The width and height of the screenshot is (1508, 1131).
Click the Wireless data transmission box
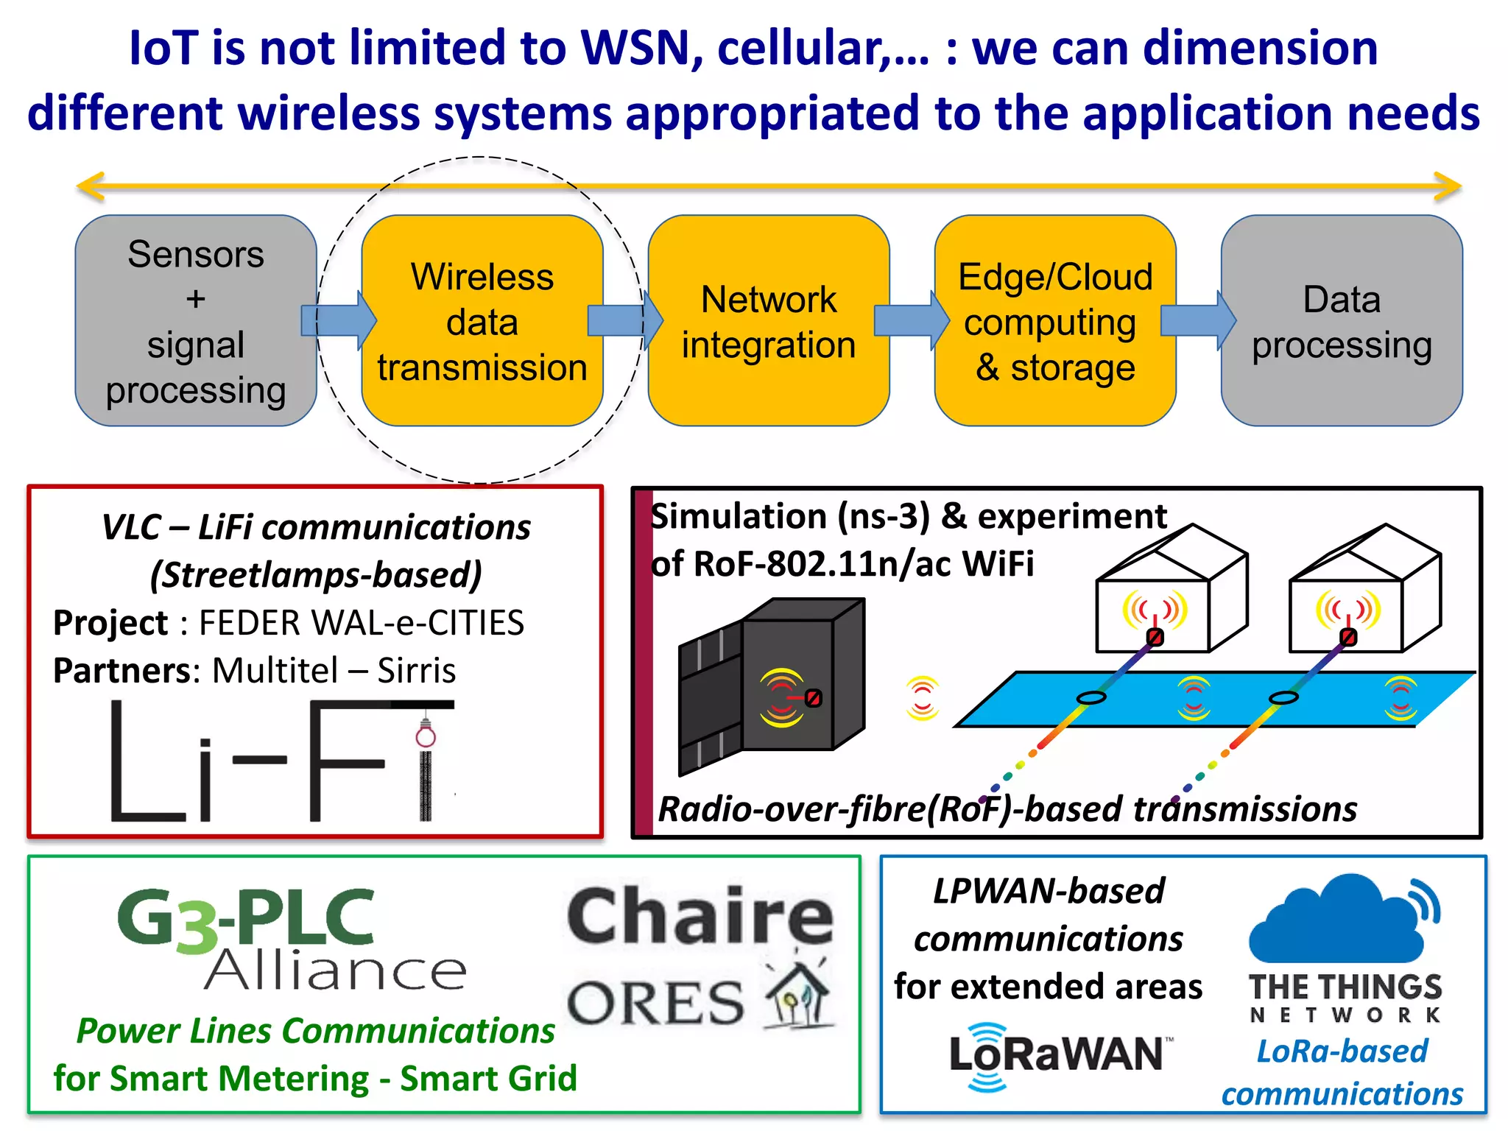click(482, 321)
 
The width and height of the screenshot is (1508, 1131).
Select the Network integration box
click(768, 321)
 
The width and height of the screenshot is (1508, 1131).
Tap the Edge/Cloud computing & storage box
click(1054, 321)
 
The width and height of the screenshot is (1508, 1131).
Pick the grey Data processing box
click(1341, 321)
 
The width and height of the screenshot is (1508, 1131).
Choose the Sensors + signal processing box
click(196, 321)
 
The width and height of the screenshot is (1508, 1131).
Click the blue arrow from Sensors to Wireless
click(339, 321)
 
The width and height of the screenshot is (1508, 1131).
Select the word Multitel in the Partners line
click(275, 671)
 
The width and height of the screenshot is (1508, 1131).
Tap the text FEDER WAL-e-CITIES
click(362, 623)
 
